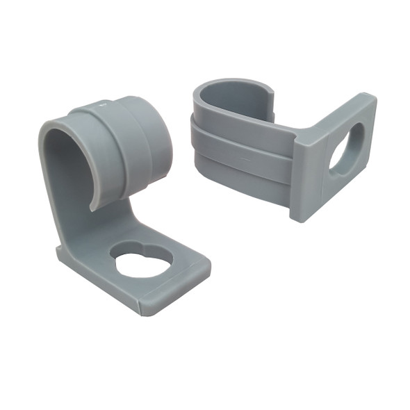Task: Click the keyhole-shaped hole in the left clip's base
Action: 142,260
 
